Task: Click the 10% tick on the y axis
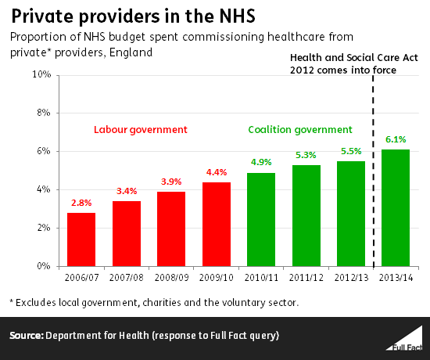coord(41,74)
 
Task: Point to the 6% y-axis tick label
coord(43,151)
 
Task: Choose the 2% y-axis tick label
coord(43,228)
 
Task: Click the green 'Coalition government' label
coord(299,129)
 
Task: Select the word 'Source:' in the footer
coord(26,336)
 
